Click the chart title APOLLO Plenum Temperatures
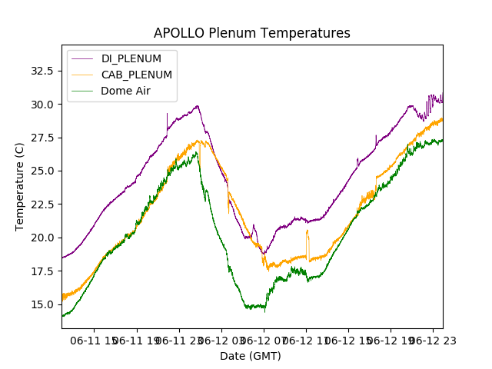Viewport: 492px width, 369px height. (x=251, y=33)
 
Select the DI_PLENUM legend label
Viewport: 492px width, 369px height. (x=131, y=58)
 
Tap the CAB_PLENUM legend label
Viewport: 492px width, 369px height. (x=137, y=75)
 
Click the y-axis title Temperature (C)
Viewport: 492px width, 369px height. (x=20, y=187)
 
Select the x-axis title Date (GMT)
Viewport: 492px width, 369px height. (x=251, y=356)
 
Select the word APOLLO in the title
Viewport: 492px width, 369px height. (x=179, y=33)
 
